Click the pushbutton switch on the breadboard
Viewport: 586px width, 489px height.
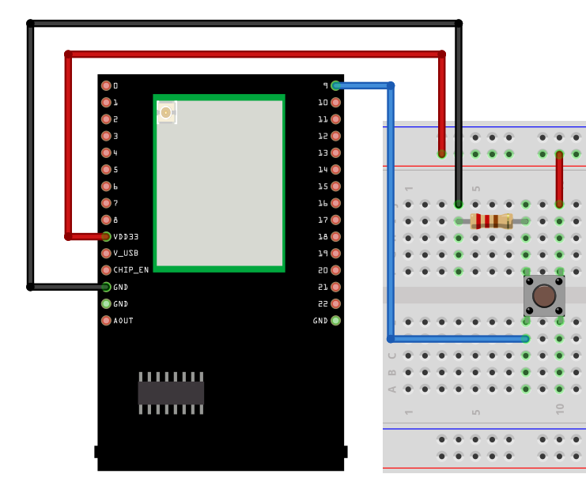(543, 295)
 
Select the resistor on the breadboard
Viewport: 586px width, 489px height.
(491, 221)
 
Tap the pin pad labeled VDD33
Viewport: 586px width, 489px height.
(106, 236)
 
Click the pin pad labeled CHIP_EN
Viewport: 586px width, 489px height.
(106, 270)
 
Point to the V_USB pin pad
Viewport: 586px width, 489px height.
(106, 254)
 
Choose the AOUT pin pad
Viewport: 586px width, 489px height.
(106, 321)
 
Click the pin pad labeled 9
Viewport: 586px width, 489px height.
(335, 85)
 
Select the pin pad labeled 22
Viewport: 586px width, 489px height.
(335, 303)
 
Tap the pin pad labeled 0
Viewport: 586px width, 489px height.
(106, 85)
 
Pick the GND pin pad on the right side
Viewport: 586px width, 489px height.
(335, 321)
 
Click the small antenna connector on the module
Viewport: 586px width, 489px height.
(166, 112)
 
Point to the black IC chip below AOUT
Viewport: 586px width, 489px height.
(171, 393)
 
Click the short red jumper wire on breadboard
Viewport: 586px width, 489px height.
(559, 179)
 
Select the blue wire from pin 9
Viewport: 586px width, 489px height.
(391, 213)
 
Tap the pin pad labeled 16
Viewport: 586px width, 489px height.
(335, 203)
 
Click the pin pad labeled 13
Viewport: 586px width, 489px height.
(335, 152)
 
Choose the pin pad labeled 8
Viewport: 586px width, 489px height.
(106, 220)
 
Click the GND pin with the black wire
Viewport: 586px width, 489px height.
(106, 287)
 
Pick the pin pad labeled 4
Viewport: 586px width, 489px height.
(106, 152)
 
